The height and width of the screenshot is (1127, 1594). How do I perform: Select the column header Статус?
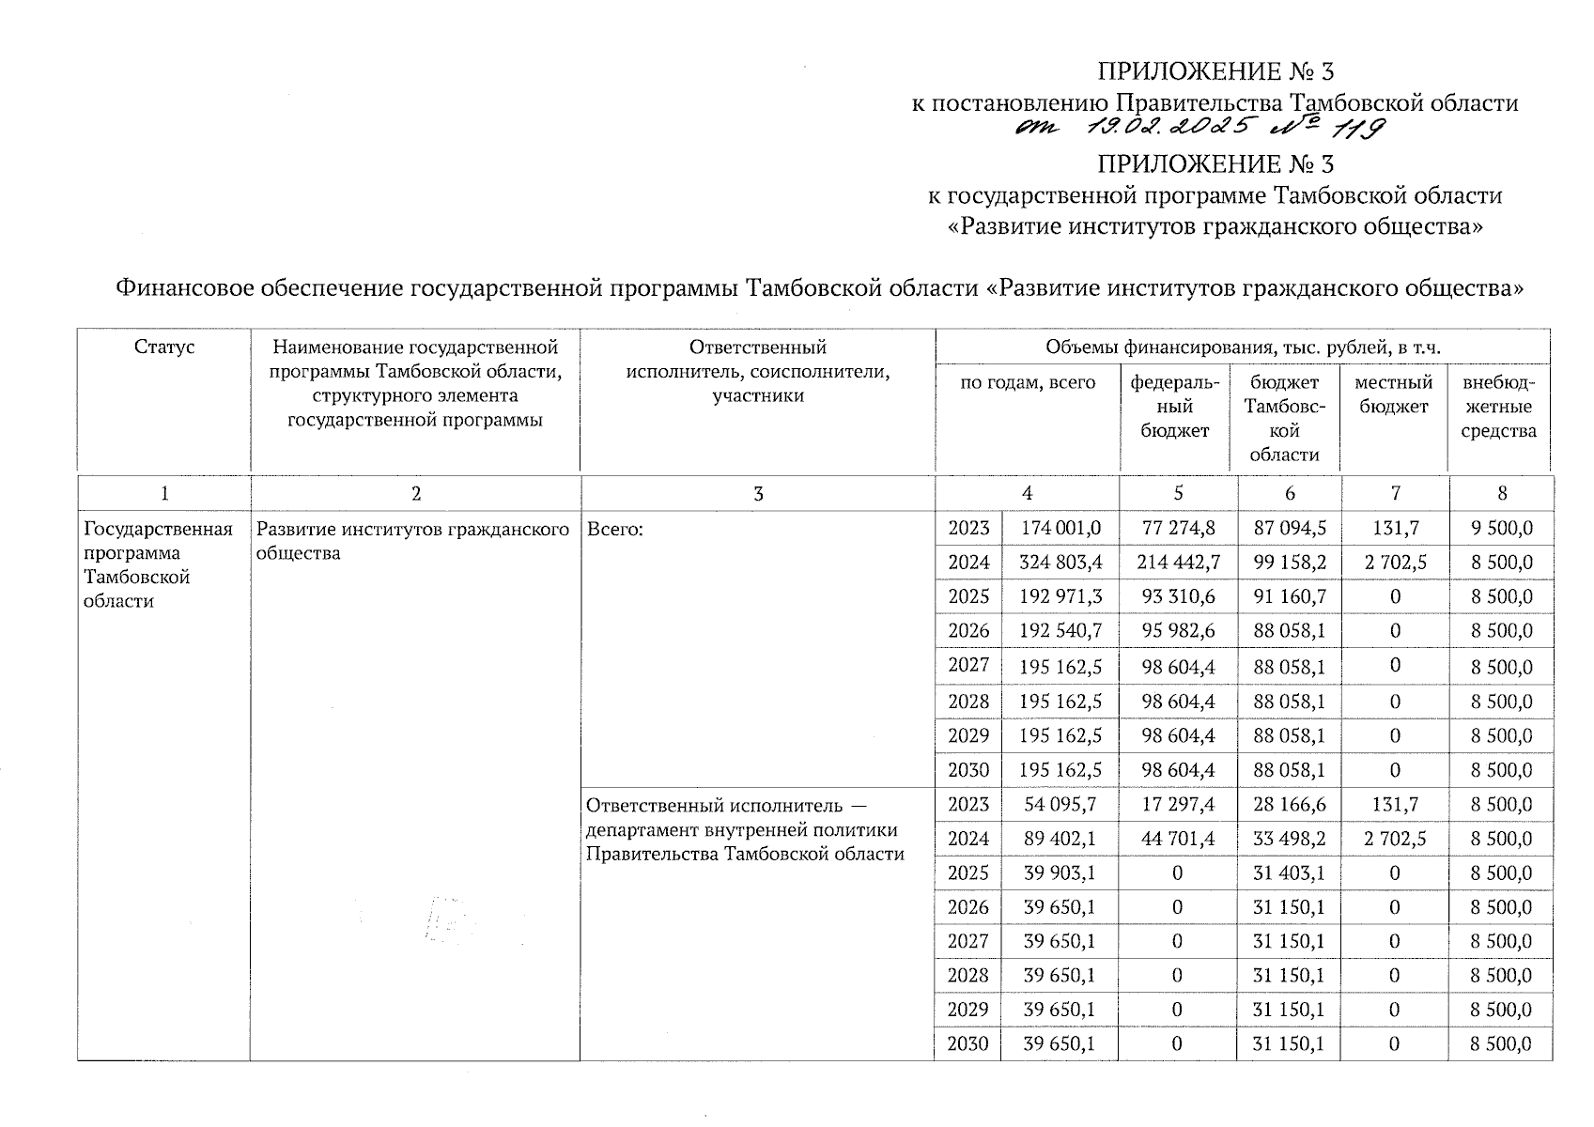164,347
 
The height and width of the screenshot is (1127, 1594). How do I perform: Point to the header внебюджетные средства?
1498,407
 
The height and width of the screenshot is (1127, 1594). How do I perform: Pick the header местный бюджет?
1394,394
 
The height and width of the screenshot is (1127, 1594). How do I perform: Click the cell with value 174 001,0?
1060,528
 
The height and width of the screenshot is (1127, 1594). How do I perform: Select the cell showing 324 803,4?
1060,563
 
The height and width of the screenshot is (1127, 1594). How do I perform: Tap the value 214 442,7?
1178,563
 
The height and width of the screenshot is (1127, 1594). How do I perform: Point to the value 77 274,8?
1178,528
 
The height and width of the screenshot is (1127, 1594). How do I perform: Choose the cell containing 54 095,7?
1060,804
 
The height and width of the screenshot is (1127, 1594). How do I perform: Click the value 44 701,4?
1178,839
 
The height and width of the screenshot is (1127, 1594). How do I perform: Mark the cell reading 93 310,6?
1178,596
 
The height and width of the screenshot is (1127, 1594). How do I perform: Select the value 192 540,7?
1060,630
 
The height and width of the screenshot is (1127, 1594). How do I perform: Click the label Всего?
615,530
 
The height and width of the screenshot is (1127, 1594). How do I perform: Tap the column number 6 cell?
1290,493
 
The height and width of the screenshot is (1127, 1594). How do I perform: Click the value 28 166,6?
1290,804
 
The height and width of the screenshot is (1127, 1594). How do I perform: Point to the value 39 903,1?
1060,872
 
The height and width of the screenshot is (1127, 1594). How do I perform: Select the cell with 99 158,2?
1290,563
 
